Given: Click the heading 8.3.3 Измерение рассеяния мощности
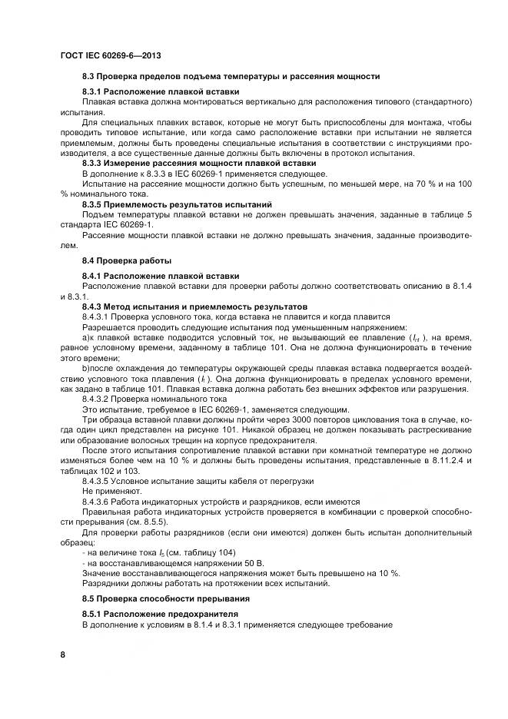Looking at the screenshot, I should pyautogui.click(x=199, y=164).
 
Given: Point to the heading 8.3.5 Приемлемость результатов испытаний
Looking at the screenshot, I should pyautogui.click(x=177, y=204).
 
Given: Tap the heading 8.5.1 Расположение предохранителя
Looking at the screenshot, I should pyautogui.click(x=160, y=615).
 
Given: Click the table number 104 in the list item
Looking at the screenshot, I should pyautogui.click(x=224, y=553).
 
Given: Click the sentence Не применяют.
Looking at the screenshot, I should pyautogui.click(x=112, y=489).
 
